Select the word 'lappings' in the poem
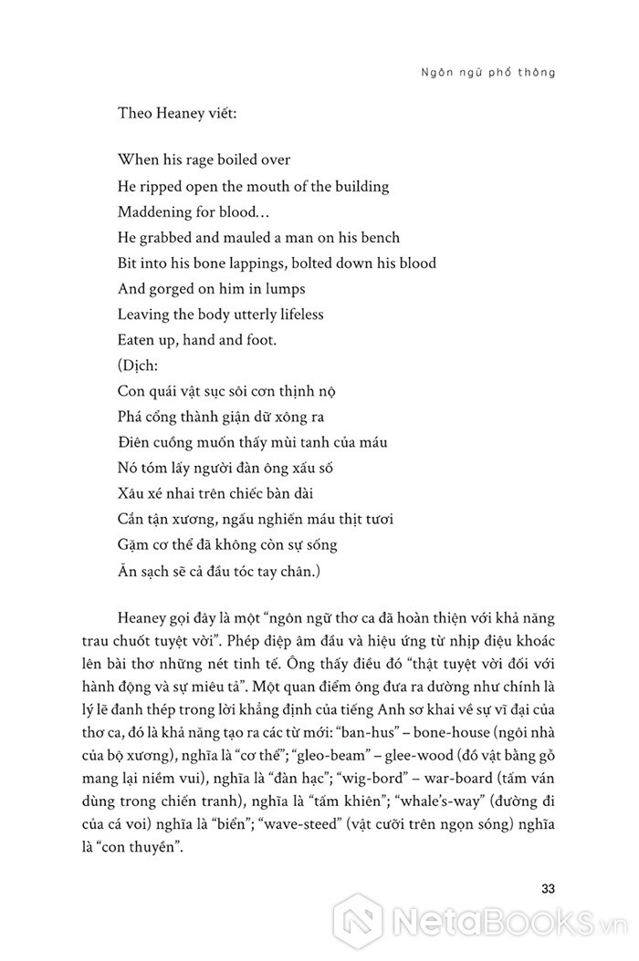click(263, 263)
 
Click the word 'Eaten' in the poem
click(137, 340)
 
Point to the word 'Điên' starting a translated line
click(135, 442)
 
